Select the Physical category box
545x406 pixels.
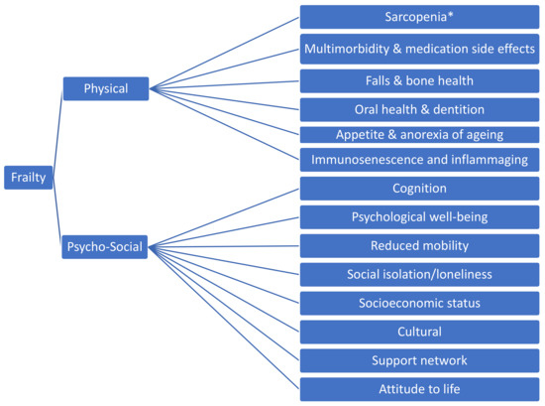pos(105,88)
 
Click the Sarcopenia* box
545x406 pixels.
pos(419,18)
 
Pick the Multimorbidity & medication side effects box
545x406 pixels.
pos(419,48)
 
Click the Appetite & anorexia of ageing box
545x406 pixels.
pos(419,134)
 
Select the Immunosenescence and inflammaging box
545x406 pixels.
pos(419,159)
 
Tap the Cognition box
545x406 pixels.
pos(419,188)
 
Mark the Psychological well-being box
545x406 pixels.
pos(419,216)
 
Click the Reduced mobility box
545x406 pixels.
pos(419,245)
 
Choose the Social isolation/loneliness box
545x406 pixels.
pos(419,274)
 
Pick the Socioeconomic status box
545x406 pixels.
pos(419,302)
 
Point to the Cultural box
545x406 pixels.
pos(419,332)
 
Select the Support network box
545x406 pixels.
pos(419,359)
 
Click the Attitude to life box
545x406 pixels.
pos(419,388)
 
